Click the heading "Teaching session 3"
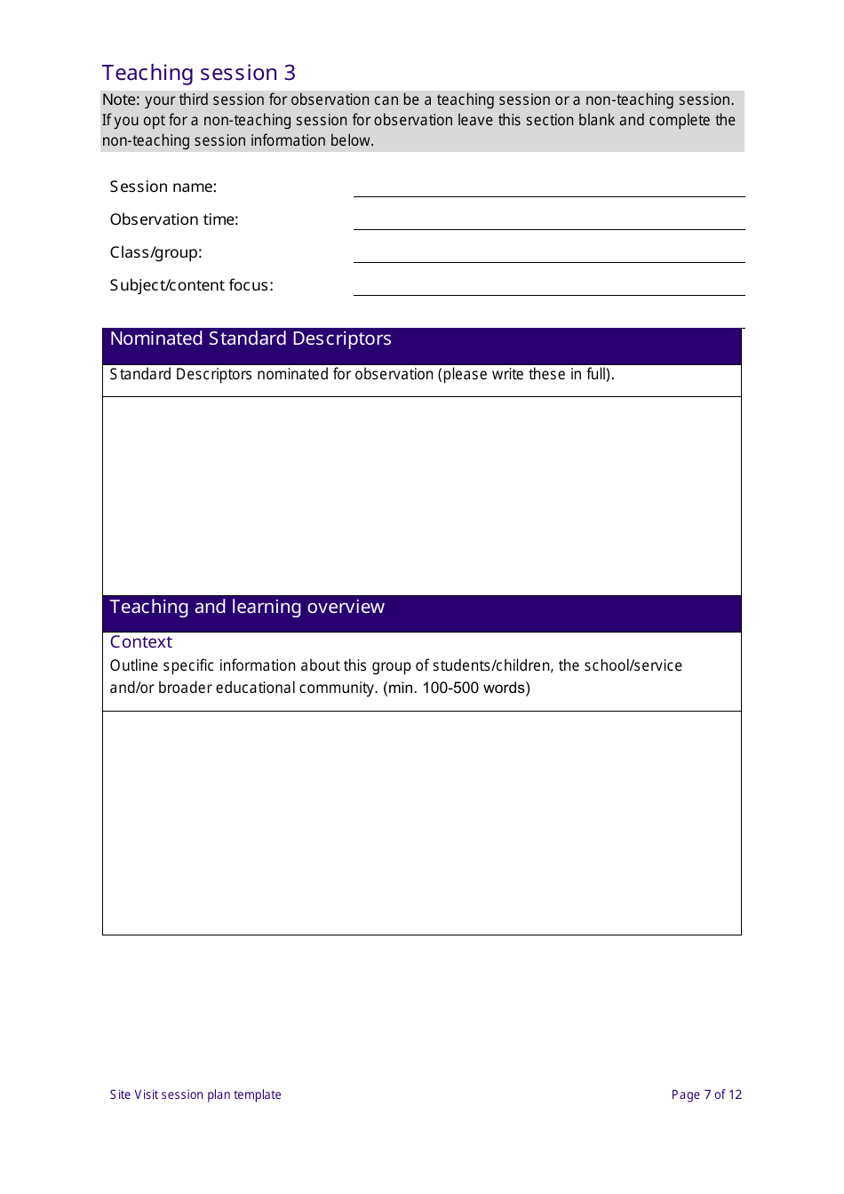click(x=199, y=73)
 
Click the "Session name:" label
click(x=163, y=187)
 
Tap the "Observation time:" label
click(x=174, y=219)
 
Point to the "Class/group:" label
click(x=156, y=252)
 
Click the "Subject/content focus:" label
click(x=192, y=285)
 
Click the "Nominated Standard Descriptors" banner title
click(x=251, y=339)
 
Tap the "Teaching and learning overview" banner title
click(x=247, y=608)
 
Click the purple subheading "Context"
click(x=141, y=642)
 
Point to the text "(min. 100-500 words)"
click(x=457, y=689)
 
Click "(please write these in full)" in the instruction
click(x=525, y=375)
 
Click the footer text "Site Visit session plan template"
click(x=195, y=1094)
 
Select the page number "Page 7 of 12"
click(x=706, y=1094)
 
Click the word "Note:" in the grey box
click(x=121, y=100)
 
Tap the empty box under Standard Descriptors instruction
click(x=422, y=495)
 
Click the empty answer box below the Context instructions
click(x=422, y=822)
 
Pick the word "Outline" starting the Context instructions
click(x=134, y=666)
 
